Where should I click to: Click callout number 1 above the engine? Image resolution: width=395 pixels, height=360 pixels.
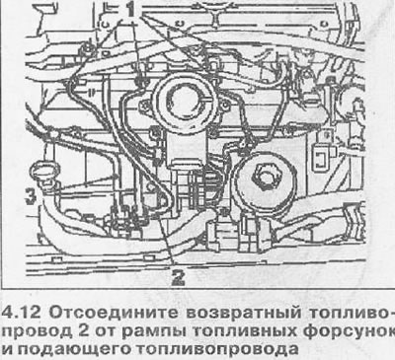click(x=131, y=10)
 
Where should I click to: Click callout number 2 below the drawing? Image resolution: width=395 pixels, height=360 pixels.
click(x=178, y=278)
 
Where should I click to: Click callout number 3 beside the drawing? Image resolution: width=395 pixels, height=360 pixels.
click(x=31, y=197)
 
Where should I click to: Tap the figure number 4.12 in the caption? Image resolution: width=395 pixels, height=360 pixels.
click(x=22, y=312)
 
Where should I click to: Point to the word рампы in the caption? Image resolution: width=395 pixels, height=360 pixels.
click(x=154, y=331)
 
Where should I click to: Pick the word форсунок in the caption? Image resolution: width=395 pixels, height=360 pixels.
click(x=349, y=331)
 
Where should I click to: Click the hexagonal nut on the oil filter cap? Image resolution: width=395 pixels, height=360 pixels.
click(x=264, y=177)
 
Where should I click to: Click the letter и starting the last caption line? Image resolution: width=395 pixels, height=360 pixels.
click(x=7, y=350)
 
